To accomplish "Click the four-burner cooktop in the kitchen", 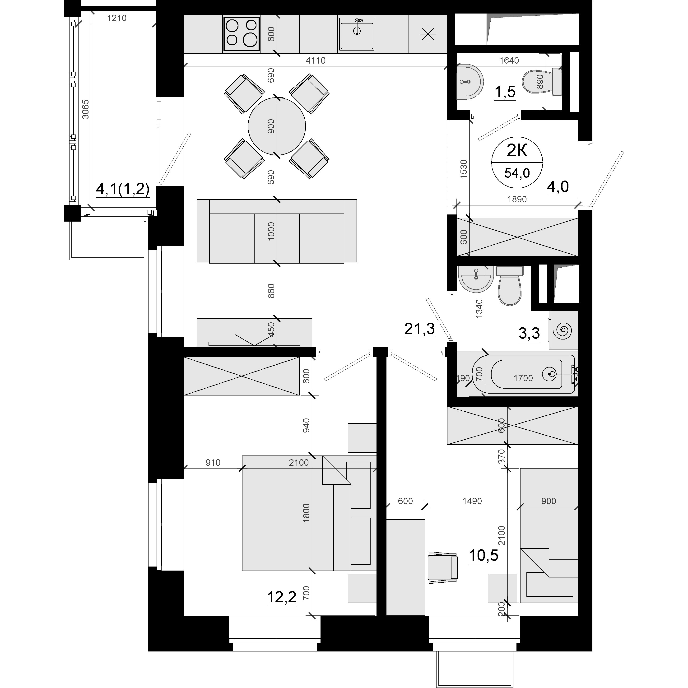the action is click(x=242, y=34).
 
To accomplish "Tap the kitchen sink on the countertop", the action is click(x=357, y=34).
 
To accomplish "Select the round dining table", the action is click(x=277, y=126).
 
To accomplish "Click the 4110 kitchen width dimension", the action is click(x=316, y=60).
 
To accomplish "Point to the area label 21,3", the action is click(x=419, y=329).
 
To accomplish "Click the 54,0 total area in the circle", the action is click(x=517, y=173).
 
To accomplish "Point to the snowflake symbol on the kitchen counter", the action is click(x=428, y=34).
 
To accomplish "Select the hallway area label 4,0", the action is click(x=558, y=187).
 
